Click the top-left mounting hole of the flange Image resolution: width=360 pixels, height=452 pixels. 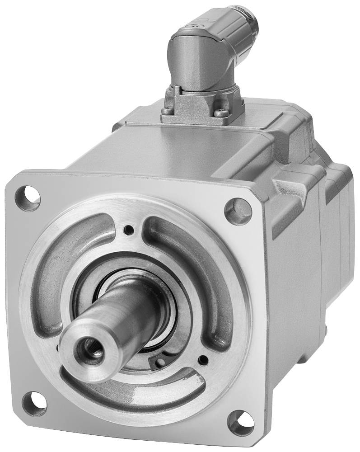pos(28,197)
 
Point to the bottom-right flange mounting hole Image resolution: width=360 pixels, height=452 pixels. pos(240,422)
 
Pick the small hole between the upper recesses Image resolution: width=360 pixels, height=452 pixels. pos(130,229)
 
